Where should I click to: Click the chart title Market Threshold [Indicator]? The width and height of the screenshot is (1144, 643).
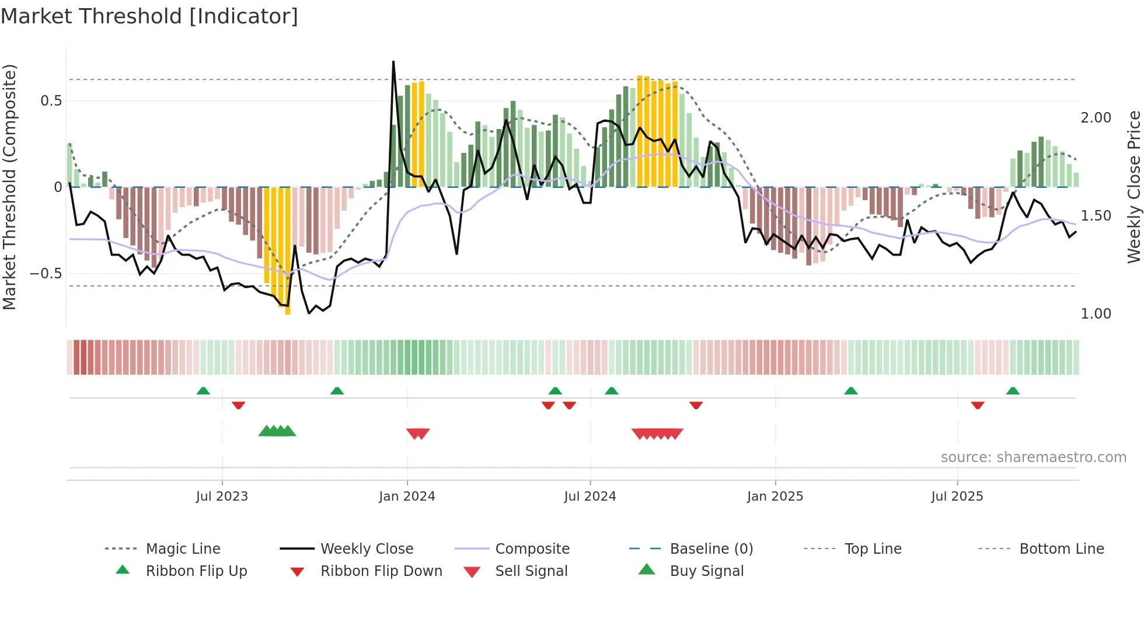point(149,16)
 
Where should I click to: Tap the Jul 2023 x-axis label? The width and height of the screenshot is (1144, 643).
point(222,497)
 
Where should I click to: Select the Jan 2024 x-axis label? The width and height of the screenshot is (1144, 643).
point(407,497)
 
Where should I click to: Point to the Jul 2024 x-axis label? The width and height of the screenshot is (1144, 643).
point(590,497)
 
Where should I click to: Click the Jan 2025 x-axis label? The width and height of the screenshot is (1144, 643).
point(775,497)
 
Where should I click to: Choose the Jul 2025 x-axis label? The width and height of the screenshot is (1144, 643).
point(957,497)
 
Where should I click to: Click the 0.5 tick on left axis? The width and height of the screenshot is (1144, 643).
point(51,101)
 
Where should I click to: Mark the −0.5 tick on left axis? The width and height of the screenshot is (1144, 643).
point(46,274)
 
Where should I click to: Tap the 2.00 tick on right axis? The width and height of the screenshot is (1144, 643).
point(1096,118)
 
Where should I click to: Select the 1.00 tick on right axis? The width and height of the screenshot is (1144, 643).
point(1096,314)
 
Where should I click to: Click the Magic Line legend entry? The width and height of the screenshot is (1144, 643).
point(183,549)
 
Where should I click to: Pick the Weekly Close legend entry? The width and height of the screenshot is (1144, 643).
point(367,549)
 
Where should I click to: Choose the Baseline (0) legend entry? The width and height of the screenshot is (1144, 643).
point(711,549)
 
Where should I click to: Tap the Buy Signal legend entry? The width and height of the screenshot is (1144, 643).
point(706,571)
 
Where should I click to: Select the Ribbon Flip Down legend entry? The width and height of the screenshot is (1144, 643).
point(381,571)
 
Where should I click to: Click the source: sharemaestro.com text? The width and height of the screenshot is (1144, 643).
point(1033,457)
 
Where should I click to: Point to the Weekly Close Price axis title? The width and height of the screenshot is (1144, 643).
point(1133,187)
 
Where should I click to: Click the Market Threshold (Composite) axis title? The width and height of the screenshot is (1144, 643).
point(9,187)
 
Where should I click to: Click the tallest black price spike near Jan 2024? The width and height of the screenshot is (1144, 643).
point(393,62)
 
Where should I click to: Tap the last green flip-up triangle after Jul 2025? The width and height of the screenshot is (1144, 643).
point(1013,391)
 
